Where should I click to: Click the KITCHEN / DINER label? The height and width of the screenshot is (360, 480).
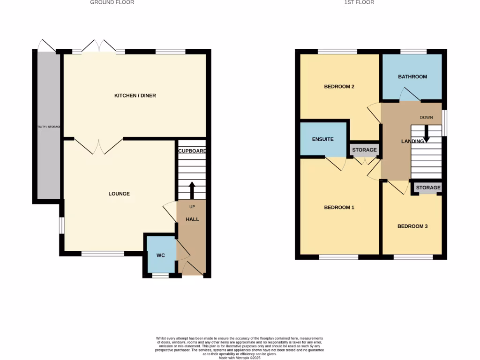point(135,96)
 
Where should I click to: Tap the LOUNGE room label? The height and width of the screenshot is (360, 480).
point(119,194)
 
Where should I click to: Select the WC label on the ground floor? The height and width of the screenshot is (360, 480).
point(160,255)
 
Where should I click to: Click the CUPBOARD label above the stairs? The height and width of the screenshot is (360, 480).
point(192,151)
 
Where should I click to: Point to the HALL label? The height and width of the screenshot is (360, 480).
point(192,219)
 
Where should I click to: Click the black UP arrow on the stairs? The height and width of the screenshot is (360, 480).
point(192,189)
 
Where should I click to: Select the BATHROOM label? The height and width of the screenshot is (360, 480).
point(412,76)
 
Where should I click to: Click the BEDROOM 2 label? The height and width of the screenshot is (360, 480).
point(339,87)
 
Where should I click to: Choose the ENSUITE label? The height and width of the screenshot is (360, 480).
point(323,139)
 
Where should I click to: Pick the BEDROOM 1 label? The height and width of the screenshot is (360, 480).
point(339,207)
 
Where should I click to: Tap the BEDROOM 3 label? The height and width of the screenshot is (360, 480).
point(412,226)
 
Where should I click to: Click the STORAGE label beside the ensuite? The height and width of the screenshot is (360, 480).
point(364,150)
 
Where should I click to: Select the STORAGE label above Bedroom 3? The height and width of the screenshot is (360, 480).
point(428,187)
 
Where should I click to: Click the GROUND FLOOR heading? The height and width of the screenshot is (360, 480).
point(112,2)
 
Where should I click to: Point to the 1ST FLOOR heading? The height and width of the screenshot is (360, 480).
point(359,2)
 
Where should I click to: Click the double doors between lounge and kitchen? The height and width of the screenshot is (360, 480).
point(98,146)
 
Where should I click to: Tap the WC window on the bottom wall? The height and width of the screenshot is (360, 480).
point(160,276)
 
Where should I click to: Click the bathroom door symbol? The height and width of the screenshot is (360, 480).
point(409,96)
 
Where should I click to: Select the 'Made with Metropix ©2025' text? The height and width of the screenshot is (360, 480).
point(240,357)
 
